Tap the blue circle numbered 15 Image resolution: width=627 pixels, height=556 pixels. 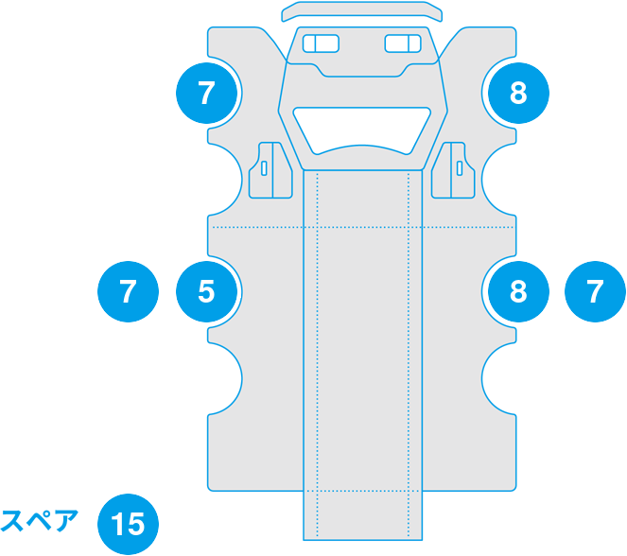(129, 523)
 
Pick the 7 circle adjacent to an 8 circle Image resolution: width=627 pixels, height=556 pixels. (595, 291)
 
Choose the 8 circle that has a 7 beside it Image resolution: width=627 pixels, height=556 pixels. (516, 291)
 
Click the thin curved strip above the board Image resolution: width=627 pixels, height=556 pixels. (362, 12)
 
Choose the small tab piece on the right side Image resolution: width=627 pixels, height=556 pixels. (455, 170)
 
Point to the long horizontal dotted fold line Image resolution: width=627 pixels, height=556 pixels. (255, 228)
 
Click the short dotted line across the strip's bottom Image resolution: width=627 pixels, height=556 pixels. (362, 492)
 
